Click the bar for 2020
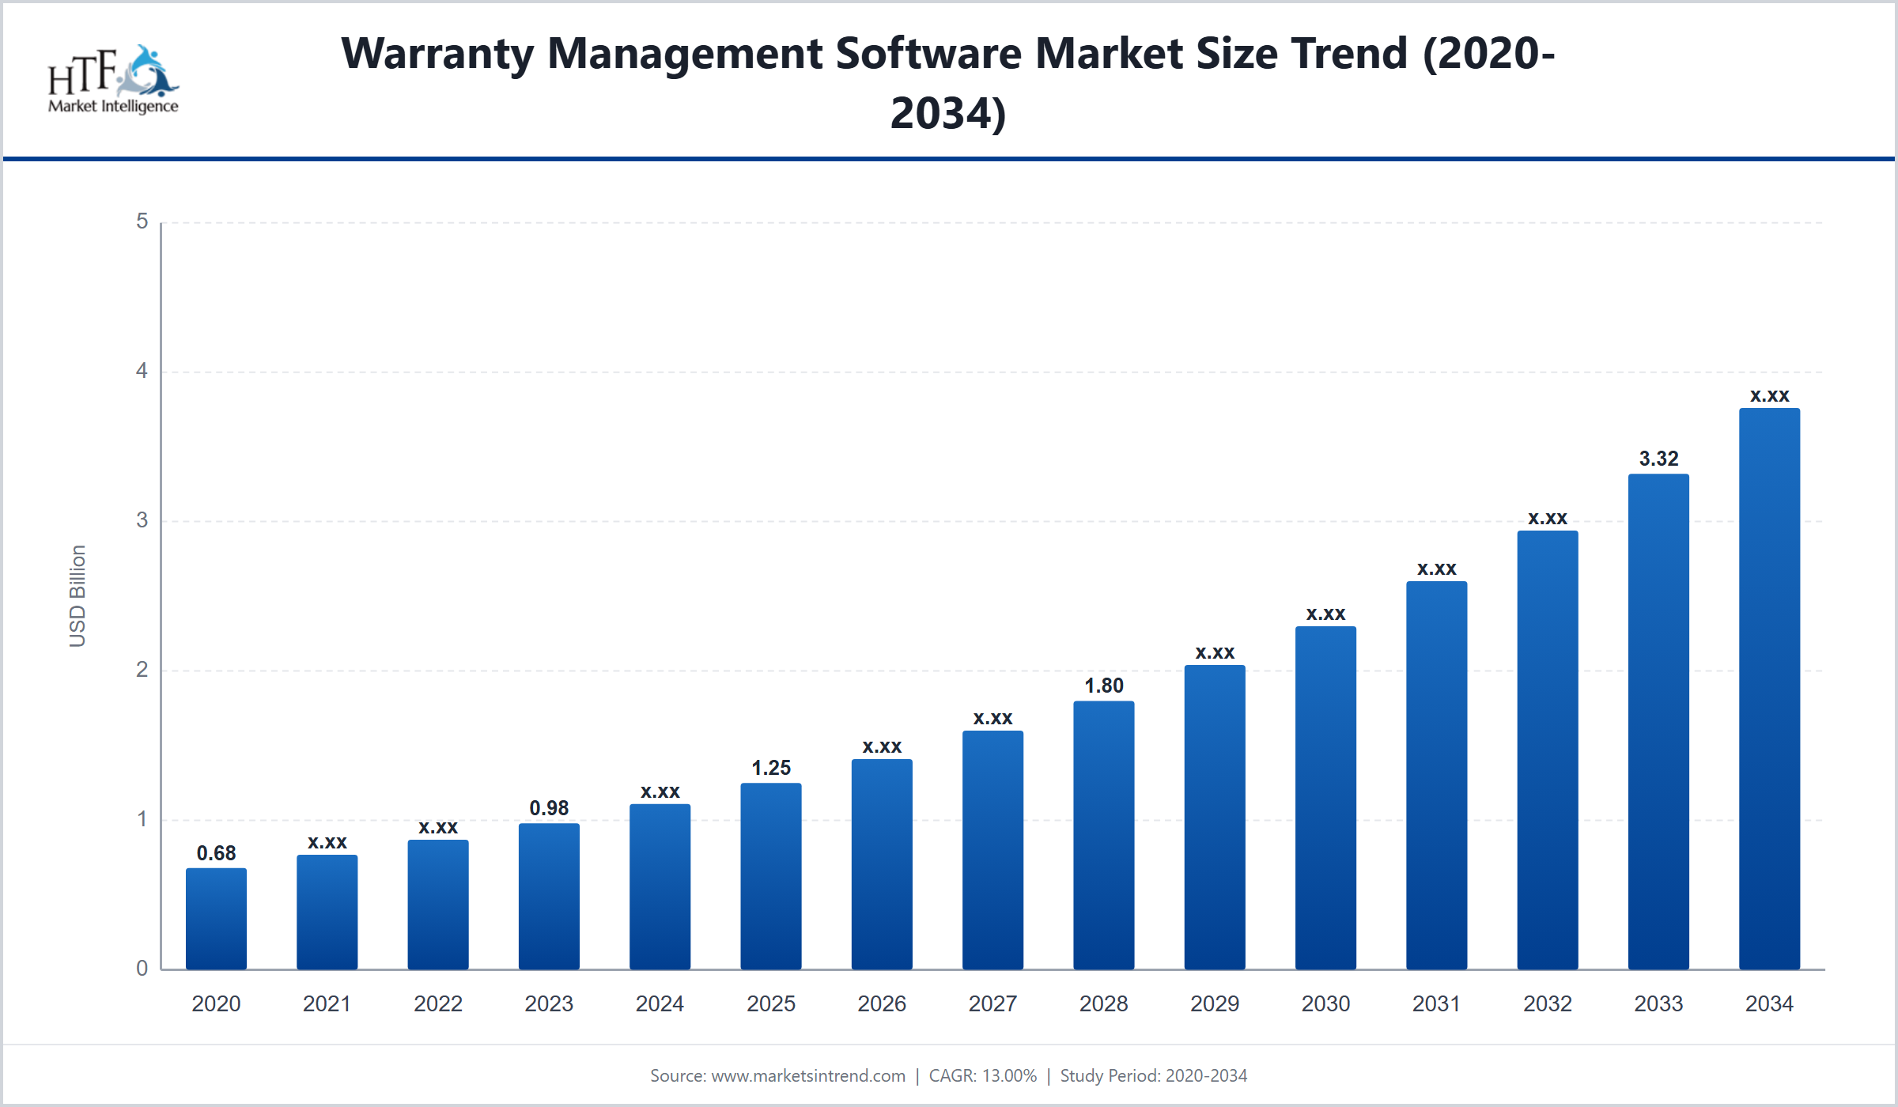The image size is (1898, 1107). point(216,919)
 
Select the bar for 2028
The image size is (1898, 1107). point(1103,835)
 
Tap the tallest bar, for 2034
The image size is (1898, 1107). point(1769,689)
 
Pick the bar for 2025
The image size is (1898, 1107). point(771,876)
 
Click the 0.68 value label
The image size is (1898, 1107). point(216,853)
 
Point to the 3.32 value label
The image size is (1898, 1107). point(1658,459)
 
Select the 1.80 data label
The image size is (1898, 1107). point(1103,686)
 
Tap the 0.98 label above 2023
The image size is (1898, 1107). point(549,808)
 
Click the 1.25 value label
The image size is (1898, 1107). point(771,768)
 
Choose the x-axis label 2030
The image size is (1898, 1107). point(1325,1003)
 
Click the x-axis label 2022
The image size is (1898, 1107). point(437,1003)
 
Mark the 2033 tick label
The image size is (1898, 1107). point(1658,1003)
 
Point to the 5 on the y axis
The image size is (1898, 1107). point(142,221)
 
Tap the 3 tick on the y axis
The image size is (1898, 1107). point(142,520)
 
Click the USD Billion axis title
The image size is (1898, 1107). point(77,595)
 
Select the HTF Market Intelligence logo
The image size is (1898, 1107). point(113,79)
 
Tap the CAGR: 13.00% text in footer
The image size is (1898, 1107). point(982,1075)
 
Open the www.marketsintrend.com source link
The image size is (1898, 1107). point(808,1075)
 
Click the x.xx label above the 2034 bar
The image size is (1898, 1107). point(1769,395)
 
